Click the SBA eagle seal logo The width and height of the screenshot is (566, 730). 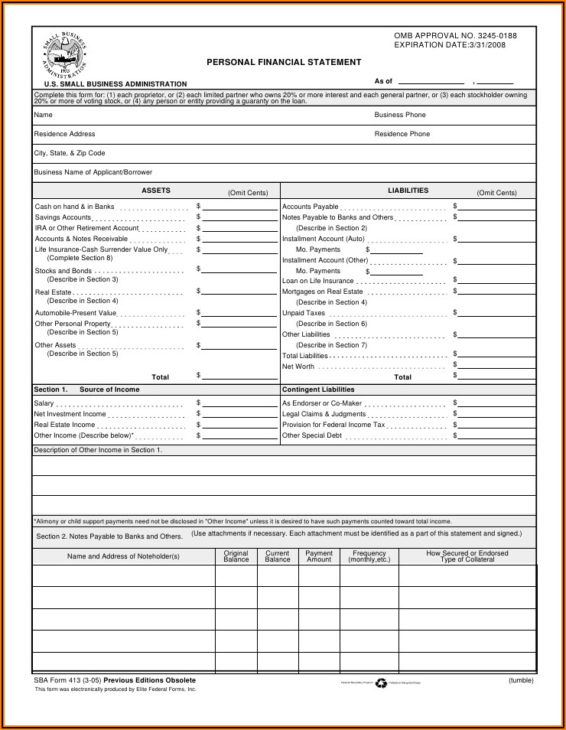pyautogui.click(x=65, y=55)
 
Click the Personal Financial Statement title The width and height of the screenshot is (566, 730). pyautogui.click(x=284, y=63)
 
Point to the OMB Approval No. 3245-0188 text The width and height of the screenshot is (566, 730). pyautogui.click(x=455, y=36)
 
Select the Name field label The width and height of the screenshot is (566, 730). pyautogui.click(x=44, y=115)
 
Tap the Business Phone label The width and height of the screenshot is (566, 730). pyautogui.click(x=400, y=115)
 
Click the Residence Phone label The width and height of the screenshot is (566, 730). pyautogui.click(x=402, y=134)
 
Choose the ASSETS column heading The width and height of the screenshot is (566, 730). pyautogui.click(x=156, y=191)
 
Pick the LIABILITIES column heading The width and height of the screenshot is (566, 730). pyautogui.click(x=408, y=191)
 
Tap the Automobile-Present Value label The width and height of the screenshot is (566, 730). pyautogui.click(x=76, y=313)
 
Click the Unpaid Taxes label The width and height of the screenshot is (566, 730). pyautogui.click(x=304, y=313)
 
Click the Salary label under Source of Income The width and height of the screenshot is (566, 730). pyautogui.click(x=44, y=403)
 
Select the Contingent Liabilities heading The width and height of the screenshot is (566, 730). pyautogui.click(x=318, y=389)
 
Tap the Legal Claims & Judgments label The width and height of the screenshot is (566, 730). pyautogui.click(x=324, y=414)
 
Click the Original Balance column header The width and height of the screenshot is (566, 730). pyautogui.click(x=236, y=556)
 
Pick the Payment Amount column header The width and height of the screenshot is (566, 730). pyautogui.click(x=319, y=556)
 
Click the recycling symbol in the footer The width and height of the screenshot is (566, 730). pyautogui.click(x=381, y=683)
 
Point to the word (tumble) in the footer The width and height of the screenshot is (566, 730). pyautogui.click(x=521, y=680)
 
